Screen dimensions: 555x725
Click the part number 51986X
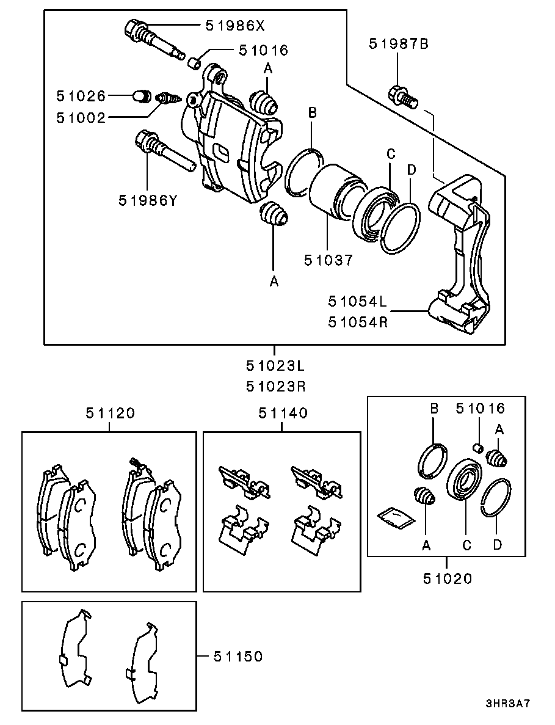235,25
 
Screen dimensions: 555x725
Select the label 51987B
399,44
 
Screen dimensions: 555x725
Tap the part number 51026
81,96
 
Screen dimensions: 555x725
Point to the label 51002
81,118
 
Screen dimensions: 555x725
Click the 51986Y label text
148,200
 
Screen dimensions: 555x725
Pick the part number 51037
328,260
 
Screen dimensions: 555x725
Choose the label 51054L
358,302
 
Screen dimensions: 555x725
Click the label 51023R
276,386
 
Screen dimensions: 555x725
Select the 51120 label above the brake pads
110,413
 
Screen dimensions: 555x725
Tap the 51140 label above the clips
283,413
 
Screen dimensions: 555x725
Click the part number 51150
238,657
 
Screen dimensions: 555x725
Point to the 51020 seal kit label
448,578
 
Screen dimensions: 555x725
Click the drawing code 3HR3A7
507,704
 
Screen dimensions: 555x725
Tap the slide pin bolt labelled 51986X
155,39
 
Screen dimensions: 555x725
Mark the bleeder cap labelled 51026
142,96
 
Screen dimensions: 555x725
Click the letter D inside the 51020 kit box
497,545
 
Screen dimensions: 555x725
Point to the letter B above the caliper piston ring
313,112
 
